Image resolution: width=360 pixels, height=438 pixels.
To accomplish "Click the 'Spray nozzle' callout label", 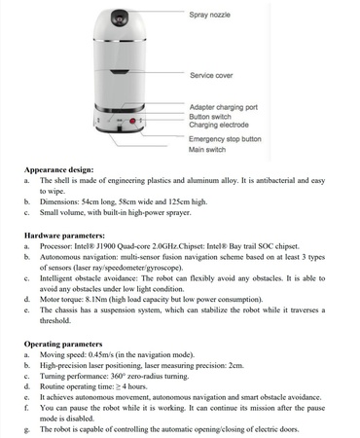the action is pyautogui.click(x=209, y=15).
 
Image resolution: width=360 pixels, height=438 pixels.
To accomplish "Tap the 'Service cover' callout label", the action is pyautogui.click(x=211, y=75).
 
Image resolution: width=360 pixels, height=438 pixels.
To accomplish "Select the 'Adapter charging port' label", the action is pyautogui.click(x=224, y=107).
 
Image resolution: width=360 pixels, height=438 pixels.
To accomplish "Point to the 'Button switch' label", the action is pyautogui.click(x=210, y=117).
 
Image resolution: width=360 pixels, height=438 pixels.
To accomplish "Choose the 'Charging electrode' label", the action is pyautogui.click(x=219, y=125).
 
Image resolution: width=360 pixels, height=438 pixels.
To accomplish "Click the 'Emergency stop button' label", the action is pyautogui.click(x=225, y=139).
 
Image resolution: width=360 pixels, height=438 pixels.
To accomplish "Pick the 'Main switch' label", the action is pyautogui.click(x=207, y=150).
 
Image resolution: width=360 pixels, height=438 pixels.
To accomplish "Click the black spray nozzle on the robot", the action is pyautogui.click(x=120, y=18).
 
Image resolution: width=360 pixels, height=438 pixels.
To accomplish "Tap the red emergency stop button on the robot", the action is pyautogui.click(x=132, y=121).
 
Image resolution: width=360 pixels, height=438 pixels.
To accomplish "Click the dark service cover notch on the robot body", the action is pyautogui.click(x=119, y=72).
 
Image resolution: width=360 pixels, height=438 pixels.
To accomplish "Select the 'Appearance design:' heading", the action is pyautogui.click(x=58, y=170).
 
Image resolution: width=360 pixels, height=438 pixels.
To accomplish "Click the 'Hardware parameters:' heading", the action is pyautogui.click(x=64, y=236).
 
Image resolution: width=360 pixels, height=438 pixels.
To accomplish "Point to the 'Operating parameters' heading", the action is pyautogui.click(x=63, y=344).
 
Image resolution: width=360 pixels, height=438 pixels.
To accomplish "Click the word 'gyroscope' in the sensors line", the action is pyautogui.click(x=163, y=268).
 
